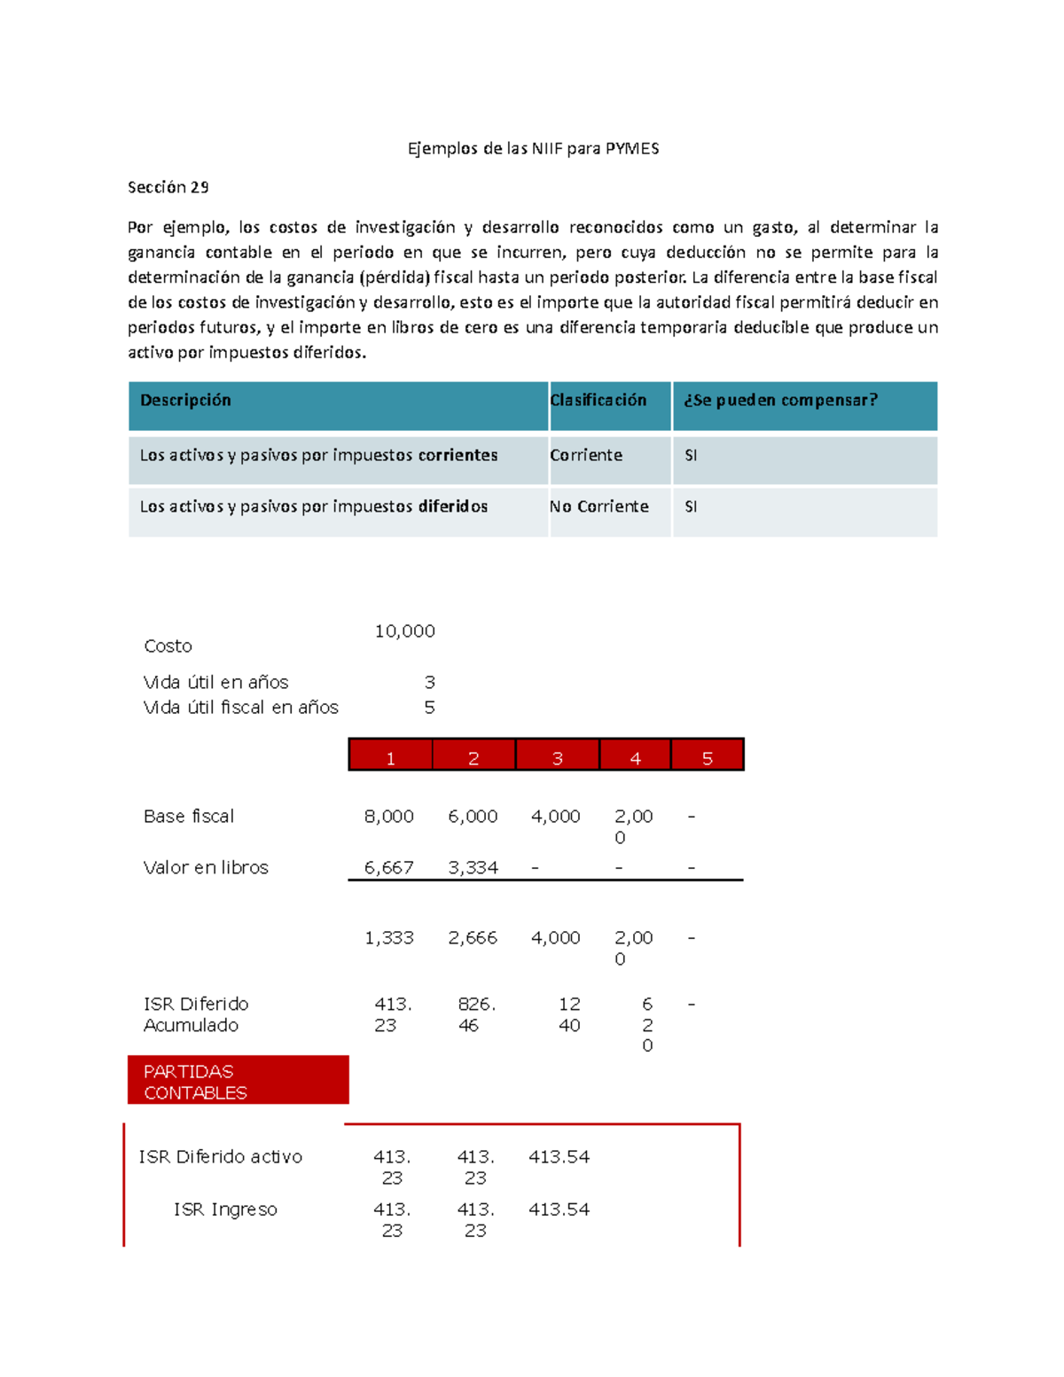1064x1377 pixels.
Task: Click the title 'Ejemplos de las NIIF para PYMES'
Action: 533,148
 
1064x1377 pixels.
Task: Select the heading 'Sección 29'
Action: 168,187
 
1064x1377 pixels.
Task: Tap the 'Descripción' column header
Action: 185,401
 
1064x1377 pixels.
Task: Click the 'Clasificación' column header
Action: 598,401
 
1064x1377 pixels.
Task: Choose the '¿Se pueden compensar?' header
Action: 780,401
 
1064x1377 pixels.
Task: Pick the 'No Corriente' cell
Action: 599,506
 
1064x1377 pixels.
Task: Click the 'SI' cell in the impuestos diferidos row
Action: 691,506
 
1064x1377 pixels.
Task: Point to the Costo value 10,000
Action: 404,631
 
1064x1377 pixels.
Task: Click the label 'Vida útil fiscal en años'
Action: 240,708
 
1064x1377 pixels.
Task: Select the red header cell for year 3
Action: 558,757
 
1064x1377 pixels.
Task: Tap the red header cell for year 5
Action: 708,757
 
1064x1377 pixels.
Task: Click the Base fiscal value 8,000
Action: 388,816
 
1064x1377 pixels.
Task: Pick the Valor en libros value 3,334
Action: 473,867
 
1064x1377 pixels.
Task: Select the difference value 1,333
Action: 388,937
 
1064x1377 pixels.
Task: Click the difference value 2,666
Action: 473,937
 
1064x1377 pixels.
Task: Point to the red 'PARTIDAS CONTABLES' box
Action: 238,1081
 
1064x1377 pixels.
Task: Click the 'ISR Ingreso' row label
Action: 225,1209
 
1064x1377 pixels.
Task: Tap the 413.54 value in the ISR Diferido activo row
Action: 559,1157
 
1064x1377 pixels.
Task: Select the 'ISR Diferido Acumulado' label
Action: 196,1014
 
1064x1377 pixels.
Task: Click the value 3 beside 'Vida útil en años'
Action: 429,683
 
